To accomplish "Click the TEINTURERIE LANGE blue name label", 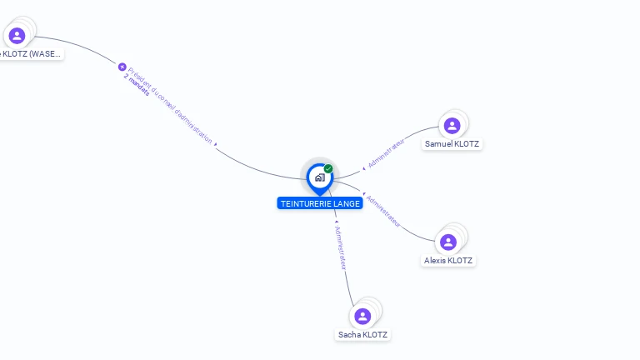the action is pyautogui.click(x=320, y=203).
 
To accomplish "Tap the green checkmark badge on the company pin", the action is pyautogui.click(x=328, y=169).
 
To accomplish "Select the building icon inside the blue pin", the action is pyautogui.click(x=319, y=177).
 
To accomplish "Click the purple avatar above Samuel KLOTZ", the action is pyautogui.click(x=452, y=126).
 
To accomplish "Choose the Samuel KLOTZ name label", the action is pyautogui.click(x=452, y=143).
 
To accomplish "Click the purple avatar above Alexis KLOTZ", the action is pyautogui.click(x=448, y=242).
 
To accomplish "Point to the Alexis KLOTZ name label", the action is pyautogui.click(x=448, y=260).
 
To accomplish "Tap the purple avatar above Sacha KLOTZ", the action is pyautogui.click(x=362, y=317).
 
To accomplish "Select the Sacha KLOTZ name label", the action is pyautogui.click(x=362, y=334).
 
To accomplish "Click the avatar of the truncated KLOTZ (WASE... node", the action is pyautogui.click(x=17, y=36).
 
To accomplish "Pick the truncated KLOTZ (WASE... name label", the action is pyautogui.click(x=32, y=54).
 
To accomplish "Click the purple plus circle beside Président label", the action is pyautogui.click(x=122, y=67).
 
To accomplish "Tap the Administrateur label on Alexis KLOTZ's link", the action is pyautogui.click(x=384, y=212).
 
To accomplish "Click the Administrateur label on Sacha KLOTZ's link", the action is pyautogui.click(x=340, y=247).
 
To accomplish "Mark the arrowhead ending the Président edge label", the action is pyautogui.click(x=217, y=145).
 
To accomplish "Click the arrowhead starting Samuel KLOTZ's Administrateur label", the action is pyautogui.click(x=363, y=167).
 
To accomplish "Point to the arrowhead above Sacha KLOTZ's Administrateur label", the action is pyautogui.click(x=335, y=222).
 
